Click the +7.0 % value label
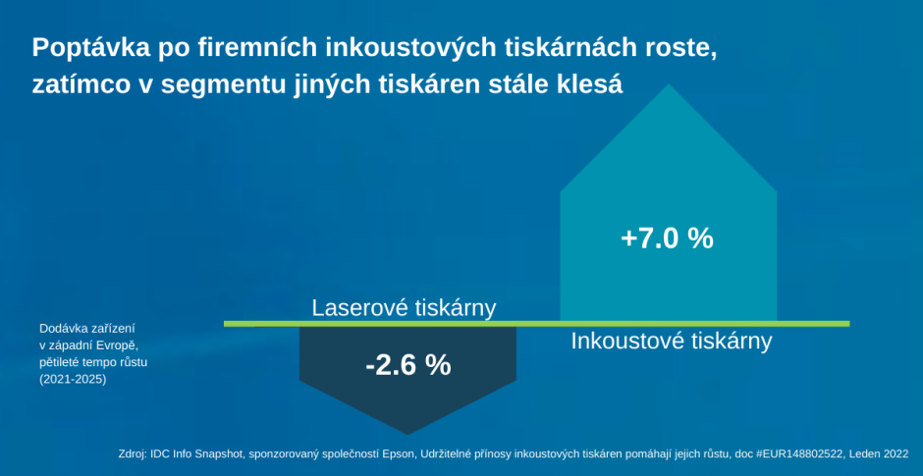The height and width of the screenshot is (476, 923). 667,239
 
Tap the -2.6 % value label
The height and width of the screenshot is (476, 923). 407,365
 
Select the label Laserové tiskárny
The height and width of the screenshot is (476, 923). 404,308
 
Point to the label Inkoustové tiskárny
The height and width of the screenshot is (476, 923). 671,342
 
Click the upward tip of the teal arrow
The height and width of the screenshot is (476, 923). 668,84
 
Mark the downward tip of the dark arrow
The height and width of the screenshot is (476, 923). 407,434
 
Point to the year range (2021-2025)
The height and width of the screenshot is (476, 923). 73,380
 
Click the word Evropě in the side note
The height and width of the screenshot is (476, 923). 120,344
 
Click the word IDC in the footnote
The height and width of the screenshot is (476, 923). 159,454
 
